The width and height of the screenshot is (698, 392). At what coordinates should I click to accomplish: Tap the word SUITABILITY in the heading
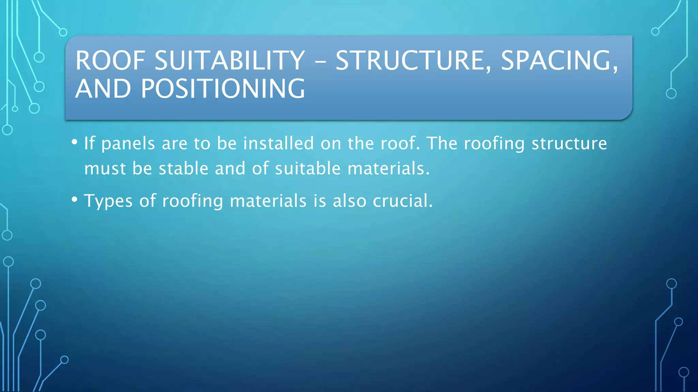[230, 61]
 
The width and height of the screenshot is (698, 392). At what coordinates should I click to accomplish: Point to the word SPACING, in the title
[559, 61]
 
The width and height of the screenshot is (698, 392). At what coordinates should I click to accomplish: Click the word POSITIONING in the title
[223, 89]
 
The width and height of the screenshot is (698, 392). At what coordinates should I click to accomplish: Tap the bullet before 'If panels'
[75, 142]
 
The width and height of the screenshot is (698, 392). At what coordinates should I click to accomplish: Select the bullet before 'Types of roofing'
[75, 199]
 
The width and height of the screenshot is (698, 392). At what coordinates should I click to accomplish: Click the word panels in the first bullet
[128, 144]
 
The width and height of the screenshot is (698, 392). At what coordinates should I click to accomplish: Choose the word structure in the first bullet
[569, 144]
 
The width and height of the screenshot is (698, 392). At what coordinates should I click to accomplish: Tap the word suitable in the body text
[308, 168]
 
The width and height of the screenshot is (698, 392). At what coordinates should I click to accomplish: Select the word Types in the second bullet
[108, 201]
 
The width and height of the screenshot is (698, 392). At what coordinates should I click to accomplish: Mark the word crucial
[403, 201]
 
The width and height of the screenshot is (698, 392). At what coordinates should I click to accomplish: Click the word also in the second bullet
[349, 201]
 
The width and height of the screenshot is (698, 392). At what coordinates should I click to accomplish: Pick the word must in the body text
[105, 169]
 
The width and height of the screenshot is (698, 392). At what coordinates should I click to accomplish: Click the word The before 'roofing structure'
[442, 143]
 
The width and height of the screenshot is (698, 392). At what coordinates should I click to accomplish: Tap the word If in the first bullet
[89, 143]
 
